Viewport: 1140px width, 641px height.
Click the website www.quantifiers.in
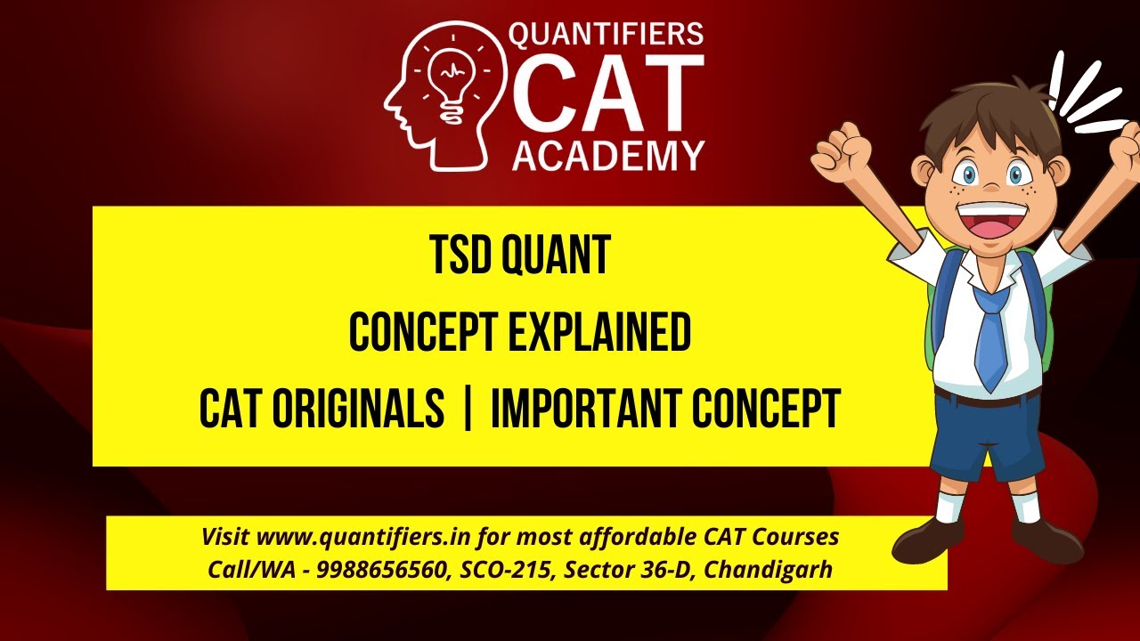click(x=365, y=538)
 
